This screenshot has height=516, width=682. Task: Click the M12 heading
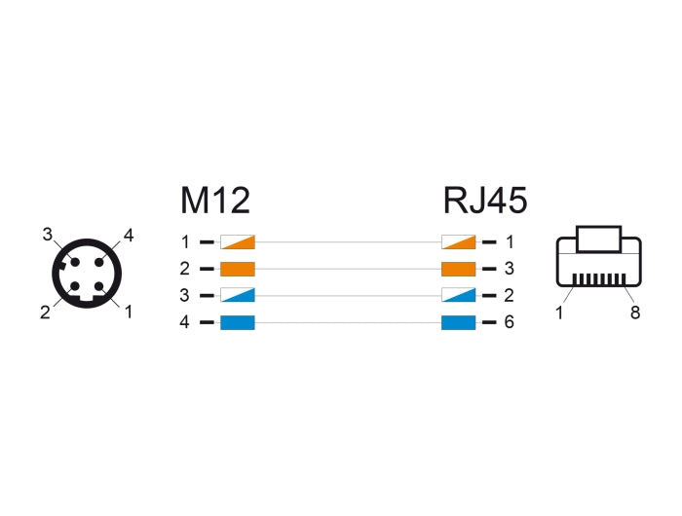[x=215, y=200]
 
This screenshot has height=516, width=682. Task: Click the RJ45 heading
[x=485, y=200]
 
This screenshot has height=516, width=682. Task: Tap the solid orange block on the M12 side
[x=238, y=269]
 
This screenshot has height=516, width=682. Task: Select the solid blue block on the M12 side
[x=238, y=323]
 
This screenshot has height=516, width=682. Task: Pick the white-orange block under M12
[x=238, y=241]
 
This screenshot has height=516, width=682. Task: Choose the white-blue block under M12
[x=238, y=296]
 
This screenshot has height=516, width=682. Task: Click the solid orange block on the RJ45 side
[x=458, y=269]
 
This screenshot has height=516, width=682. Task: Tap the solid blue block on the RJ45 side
[x=458, y=323]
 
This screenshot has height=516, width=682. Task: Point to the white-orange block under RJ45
[x=458, y=241]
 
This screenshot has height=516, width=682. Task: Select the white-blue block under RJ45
[x=458, y=296]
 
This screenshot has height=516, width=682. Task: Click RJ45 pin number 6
[x=509, y=323]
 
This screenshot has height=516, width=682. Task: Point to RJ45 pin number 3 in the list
[x=509, y=269]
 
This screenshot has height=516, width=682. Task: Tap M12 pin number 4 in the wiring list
[x=185, y=323]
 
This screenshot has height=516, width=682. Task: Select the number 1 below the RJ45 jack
[x=560, y=312]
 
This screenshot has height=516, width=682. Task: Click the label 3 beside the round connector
[x=46, y=235]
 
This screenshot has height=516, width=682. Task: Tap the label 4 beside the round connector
[x=128, y=235]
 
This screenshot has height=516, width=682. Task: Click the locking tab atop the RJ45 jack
[x=598, y=239]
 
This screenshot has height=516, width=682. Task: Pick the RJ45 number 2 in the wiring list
[x=509, y=296]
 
